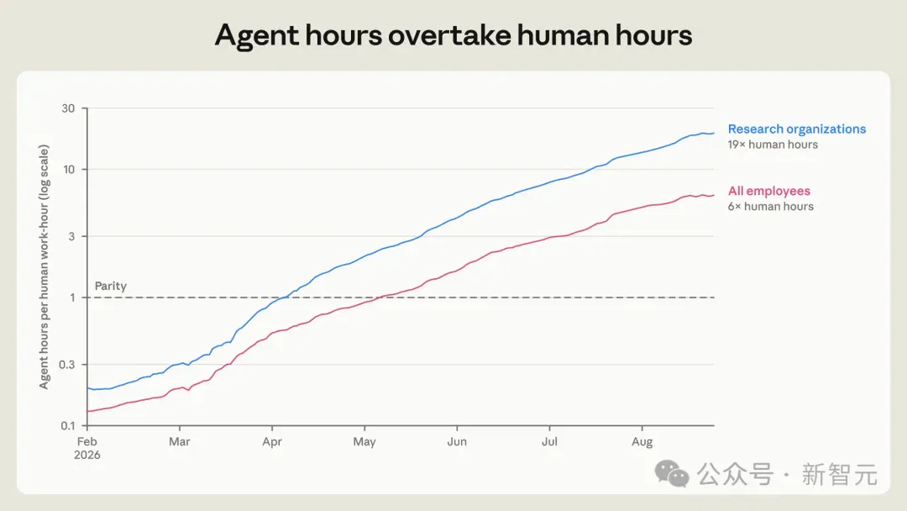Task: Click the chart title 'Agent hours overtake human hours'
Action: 453,35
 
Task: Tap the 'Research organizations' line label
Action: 796,129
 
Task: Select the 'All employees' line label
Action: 768,191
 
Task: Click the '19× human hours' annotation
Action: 773,145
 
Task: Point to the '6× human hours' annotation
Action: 770,207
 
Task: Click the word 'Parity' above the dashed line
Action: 111,286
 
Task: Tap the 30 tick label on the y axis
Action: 68,108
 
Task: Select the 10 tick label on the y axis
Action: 69,170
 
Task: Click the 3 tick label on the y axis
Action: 71,236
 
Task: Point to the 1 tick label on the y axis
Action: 72,298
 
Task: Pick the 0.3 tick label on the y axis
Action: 67,365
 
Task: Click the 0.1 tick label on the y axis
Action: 68,426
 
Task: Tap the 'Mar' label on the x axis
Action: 180,441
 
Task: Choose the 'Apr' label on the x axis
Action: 272,442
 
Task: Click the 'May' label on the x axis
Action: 364,442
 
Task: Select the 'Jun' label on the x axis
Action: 456,441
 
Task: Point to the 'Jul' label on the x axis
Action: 549,441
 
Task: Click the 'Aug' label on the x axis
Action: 642,442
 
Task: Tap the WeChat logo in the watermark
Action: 672,474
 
